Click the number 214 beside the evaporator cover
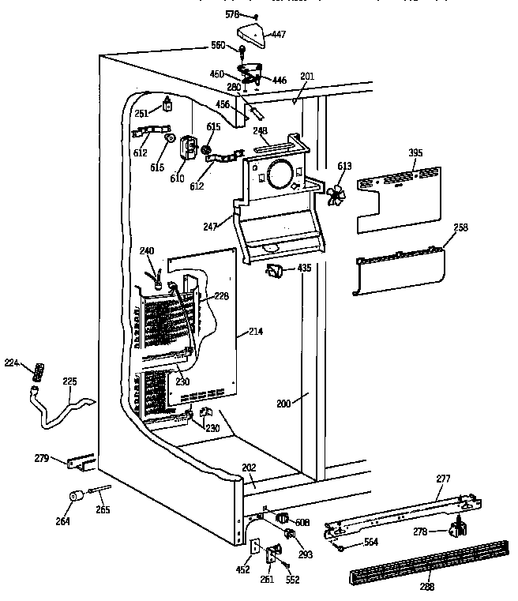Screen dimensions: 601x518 pyautogui.click(x=255, y=331)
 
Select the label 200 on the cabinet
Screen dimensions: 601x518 pyautogui.click(x=284, y=403)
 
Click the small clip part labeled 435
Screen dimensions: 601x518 pyautogui.click(x=274, y=271)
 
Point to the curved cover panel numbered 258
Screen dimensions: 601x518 pyautogui.click(x=398, y=268)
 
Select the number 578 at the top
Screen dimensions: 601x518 pyautogui.click(x=231, y=14)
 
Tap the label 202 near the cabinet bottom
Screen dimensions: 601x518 pyautogui.click(x=249, y=468)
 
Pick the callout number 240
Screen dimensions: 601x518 pyautogui.click(x=147, y=251)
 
